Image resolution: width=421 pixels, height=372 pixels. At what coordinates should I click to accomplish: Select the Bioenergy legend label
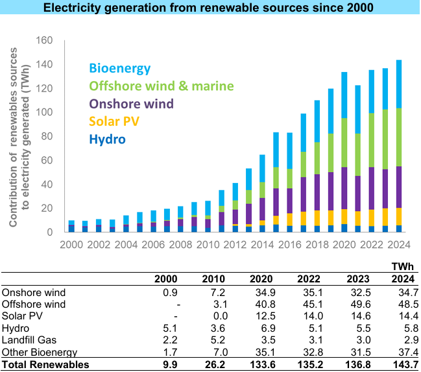pyautogui.click(x=120, y=68)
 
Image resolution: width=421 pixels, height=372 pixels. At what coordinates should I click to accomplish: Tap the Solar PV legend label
pyautogui.click(x=114, y=121)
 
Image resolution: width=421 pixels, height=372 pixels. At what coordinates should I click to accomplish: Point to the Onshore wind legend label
pyautogui.click(x=132, y=104)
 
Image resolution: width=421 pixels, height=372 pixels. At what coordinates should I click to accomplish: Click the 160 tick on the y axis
pyautogui.click(x=43, y=40)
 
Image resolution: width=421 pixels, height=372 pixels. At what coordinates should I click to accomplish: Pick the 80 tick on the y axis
pyautogui.click(x=45, y=136)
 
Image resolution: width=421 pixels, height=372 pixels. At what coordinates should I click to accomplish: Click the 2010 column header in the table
pyautogui.click(x=215, y=279)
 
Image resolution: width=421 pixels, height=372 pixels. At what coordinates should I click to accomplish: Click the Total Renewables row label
pyautogui.click(x=45, y=364)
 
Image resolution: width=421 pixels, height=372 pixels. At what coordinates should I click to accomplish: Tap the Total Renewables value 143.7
pyautogui.click(x=403, y=364)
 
